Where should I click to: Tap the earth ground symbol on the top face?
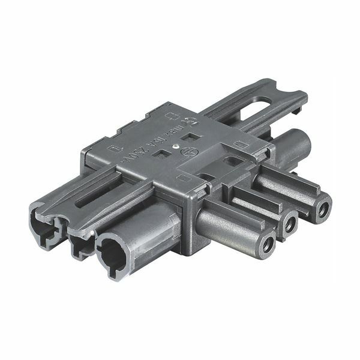188,151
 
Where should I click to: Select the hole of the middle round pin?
290,224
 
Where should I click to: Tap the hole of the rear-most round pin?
323,209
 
